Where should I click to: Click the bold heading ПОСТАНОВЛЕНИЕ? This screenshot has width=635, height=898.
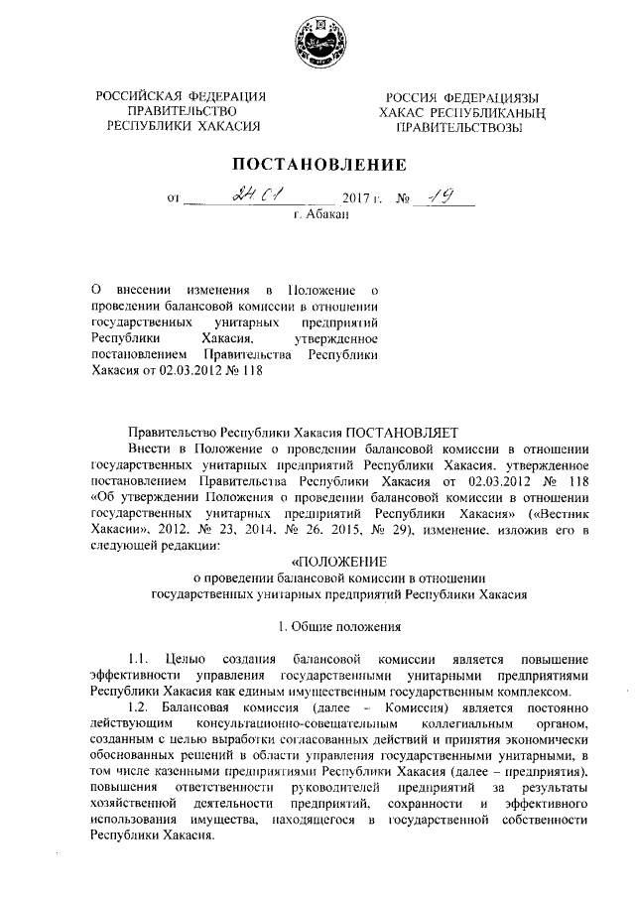pos(318,164)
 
